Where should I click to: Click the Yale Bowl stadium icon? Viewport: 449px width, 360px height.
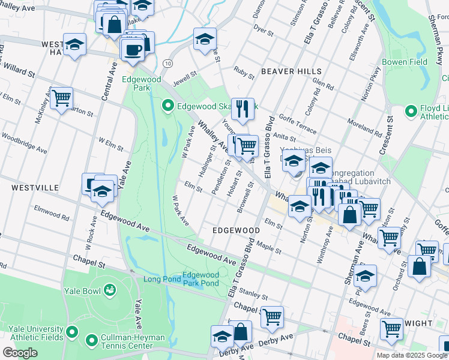click(109, 290)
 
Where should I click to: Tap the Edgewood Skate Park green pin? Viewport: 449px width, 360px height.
click(169, 107)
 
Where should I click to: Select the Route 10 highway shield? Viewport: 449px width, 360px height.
click(167, 63)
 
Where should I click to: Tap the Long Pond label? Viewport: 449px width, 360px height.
click(161, 279)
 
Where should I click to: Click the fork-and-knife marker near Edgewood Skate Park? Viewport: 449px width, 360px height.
click(243, 107)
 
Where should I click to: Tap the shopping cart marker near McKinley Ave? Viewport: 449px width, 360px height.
click(61, 98)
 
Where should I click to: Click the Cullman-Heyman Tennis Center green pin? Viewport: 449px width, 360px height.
click(91, 341)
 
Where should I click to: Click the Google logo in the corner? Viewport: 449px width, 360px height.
click(19, 353)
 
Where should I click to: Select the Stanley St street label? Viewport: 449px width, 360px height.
click(253, 294)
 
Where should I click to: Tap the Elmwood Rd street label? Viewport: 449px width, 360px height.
click(52, 212)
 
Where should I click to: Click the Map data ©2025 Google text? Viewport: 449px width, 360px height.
click(412, 355)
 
